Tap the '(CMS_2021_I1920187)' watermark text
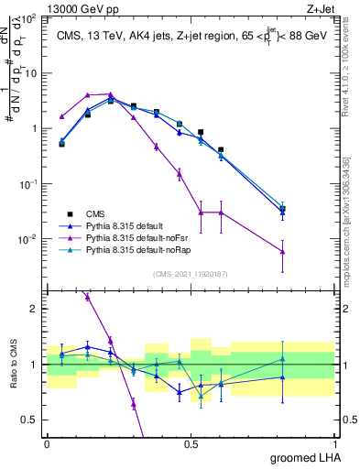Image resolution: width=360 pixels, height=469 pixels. (191, 272)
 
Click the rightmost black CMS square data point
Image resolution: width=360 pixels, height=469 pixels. (282, 209)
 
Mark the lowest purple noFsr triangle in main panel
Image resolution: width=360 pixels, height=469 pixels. (282, 252)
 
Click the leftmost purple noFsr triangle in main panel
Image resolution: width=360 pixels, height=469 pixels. (61, 116)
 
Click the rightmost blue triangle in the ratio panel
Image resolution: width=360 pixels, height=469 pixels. (282, 376)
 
